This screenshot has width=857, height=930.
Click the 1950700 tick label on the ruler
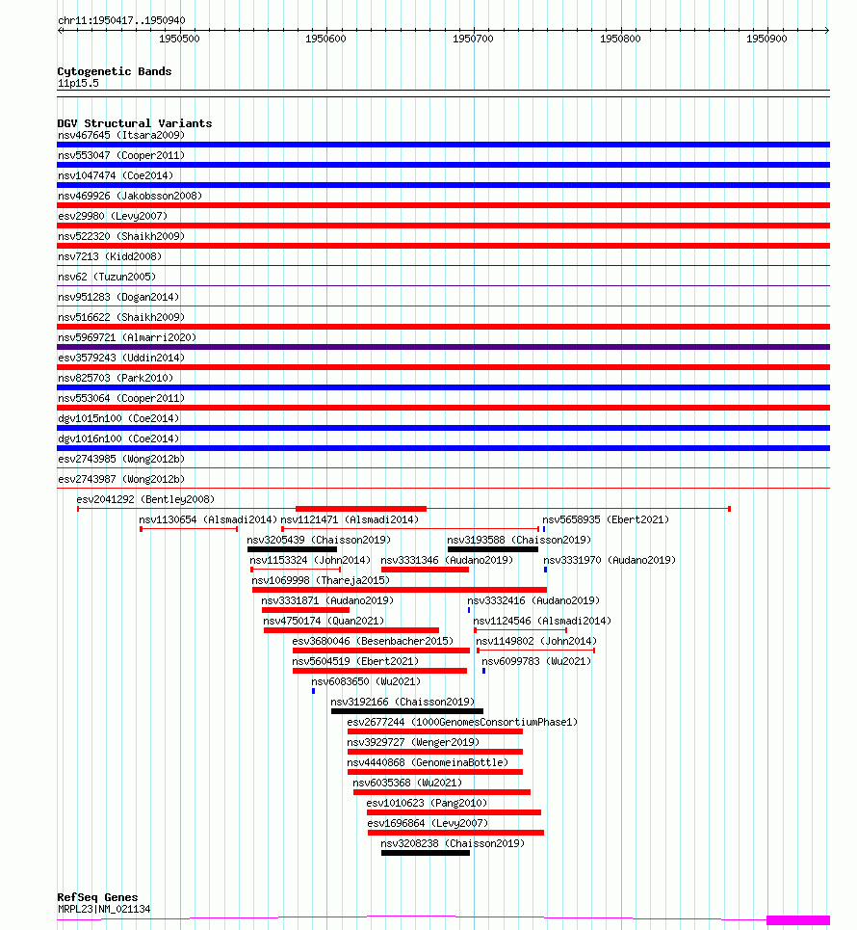(473, 40)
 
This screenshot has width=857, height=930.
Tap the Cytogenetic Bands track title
(114, 71)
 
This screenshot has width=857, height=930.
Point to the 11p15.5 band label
(77, 83)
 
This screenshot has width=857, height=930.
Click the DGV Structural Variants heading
(134, 123)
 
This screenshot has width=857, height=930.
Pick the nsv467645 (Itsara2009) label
(120, 135)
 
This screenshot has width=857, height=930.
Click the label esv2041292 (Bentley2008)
(145, 499)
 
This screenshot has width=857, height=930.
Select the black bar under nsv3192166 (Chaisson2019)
(406, 711)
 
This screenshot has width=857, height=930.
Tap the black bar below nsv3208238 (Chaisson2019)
(425, 853)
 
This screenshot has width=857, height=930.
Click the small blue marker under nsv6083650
(313, 691)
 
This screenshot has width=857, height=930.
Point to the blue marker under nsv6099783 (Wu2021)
(483, 671)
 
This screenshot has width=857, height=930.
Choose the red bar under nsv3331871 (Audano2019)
(305, 610)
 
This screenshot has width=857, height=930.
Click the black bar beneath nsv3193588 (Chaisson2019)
(492, 549)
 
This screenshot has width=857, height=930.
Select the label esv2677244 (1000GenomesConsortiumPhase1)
(461, 722)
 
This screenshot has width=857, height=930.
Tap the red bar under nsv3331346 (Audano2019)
(425, 570)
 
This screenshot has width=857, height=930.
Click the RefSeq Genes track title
(97, 897)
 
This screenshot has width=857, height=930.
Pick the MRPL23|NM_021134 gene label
(104, 909)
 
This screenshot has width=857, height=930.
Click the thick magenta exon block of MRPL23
(797, 920)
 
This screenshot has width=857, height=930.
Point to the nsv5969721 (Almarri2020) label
(127, 337)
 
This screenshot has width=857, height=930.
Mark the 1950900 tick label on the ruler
(766, 40)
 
